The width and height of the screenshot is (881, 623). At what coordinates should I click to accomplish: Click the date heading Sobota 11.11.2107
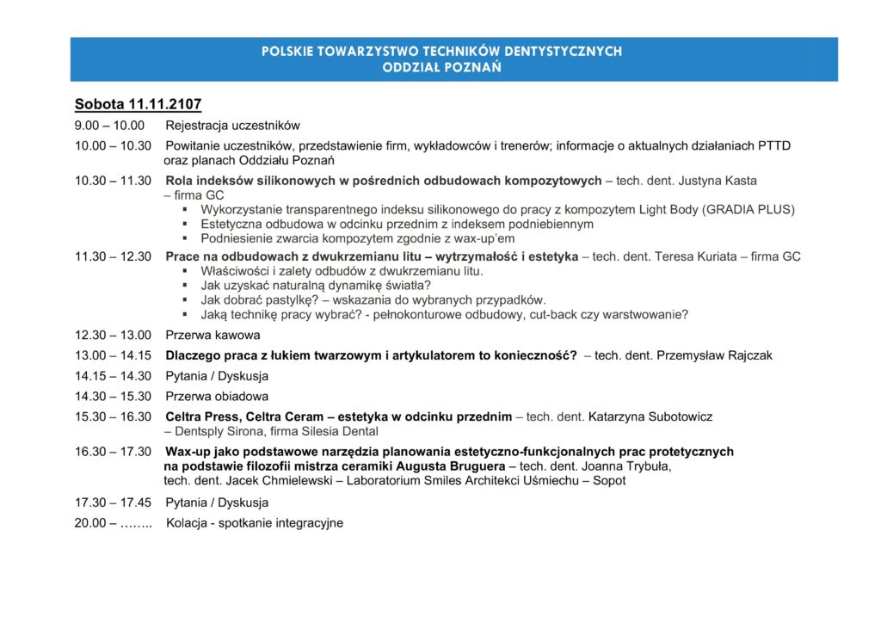[138, 104]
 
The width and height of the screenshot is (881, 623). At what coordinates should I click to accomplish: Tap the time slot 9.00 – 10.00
[111, 126]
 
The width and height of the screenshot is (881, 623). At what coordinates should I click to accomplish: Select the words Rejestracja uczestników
[232, 126]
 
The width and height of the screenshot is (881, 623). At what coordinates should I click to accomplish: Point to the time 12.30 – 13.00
[113, 335]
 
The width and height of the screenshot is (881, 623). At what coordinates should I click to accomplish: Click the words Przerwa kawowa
[213, 335]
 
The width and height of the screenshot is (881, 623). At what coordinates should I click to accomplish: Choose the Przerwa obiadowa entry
[217, 397]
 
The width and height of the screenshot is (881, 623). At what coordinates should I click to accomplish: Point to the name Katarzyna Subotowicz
[650, 416]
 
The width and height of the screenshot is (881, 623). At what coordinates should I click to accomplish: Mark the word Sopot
[608, 481]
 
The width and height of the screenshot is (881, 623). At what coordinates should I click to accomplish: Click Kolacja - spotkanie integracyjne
[255, 522]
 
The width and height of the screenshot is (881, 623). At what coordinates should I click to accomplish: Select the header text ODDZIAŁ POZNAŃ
[441, 67]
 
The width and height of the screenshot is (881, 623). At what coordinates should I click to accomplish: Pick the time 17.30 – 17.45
[113, 503]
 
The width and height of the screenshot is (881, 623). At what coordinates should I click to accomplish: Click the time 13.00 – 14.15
[113, 355]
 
